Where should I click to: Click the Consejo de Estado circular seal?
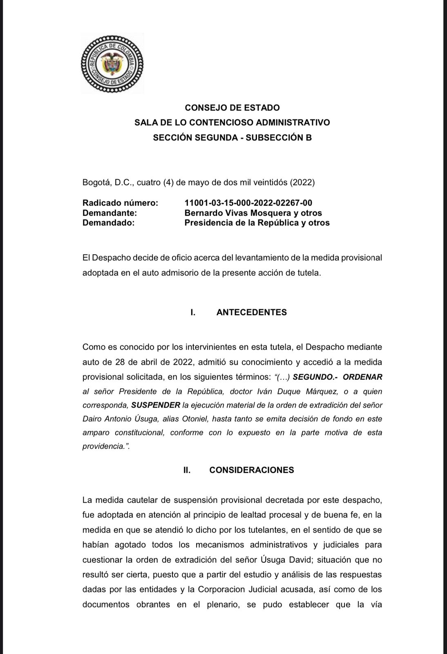tap(112, 63)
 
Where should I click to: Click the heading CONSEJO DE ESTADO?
tap(232, 108)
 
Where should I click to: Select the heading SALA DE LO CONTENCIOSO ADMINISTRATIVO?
tap(232, 123)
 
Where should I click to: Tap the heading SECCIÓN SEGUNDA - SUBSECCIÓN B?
tap(232, 138)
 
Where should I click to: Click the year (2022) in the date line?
tap(302, 182)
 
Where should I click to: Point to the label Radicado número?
tap(120, 203)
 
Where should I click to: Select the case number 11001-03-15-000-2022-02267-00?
tap(248, 203)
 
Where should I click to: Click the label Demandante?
tap(110, 213)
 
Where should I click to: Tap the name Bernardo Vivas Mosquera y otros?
tap(253, 213)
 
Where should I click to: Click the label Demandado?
tap(108, 223)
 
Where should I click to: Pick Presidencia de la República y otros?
tap(257, 223)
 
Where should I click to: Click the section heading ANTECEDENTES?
tap(251, 312)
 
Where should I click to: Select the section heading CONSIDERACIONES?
tap(251, 470)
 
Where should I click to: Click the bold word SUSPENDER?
tap(156, 405)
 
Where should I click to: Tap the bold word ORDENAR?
tap(362, 377)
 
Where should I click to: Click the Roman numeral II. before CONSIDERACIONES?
tap(187, 470)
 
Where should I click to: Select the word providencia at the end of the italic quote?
tap(103, 446)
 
